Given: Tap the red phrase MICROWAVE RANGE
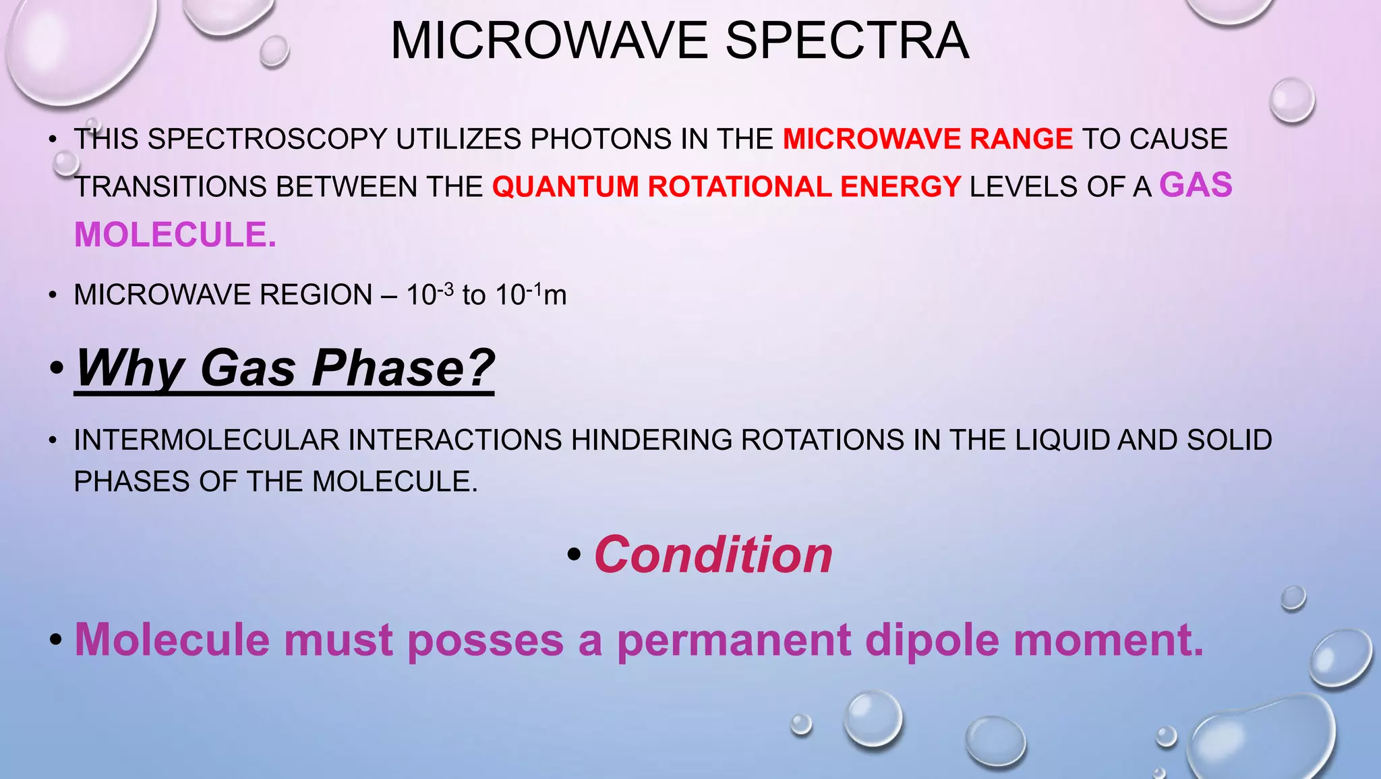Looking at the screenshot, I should coord(928,139).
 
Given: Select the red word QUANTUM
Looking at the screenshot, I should coord(565,187).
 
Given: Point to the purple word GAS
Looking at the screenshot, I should coord(1196,185).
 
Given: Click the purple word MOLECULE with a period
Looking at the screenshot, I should coord(175,235).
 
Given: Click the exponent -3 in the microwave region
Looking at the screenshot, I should coord(445,288).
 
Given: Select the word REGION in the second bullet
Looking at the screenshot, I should coord(316,295).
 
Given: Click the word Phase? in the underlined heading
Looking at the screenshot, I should coord(403,368).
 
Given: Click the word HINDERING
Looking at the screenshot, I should coord(651,440).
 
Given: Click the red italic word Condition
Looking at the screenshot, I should coord(713,554).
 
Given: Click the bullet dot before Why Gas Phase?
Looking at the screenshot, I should coord(57,370).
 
